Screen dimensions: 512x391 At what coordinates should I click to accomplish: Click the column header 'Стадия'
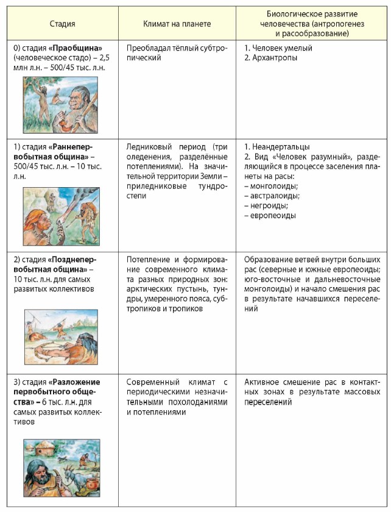coord(62,24)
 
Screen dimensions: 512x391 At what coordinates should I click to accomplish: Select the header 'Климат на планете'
coord(177,24)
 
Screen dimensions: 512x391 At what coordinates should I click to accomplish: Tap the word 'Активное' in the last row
coord(261,382)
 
